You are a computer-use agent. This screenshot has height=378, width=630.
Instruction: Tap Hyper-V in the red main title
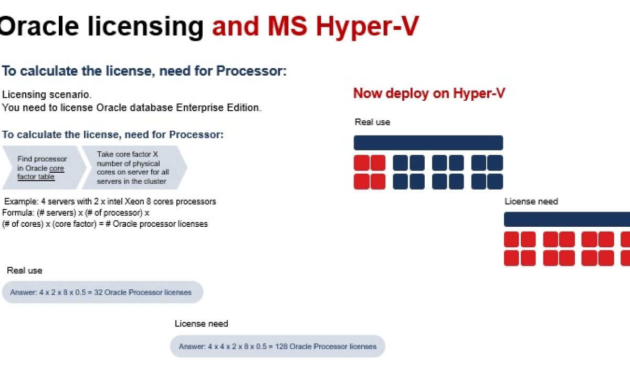pyautogui.click(x=367, y=27)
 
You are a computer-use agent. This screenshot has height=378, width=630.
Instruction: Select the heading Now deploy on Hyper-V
pyautogui.click(x=429, y=93)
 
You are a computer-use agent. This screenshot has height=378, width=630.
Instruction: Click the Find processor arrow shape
pyautogui.click(x=44, y=167)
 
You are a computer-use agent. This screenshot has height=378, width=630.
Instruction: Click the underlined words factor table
pyautogui.click(x=36, y=176)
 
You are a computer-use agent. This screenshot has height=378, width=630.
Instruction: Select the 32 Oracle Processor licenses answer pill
pyautogui.click(x=102, y=292)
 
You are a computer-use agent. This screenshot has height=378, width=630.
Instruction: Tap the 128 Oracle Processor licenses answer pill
pyautogui.click(x=277, y=346)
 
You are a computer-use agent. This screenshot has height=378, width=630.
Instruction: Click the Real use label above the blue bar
pyautogui.click(x=372, y=122)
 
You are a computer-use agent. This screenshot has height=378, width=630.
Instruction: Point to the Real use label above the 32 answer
pyautogui.click(x=25, y=270)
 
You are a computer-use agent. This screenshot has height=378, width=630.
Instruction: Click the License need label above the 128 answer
pyautogui.click(x=202, y=324)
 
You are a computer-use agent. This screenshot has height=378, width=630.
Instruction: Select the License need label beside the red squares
pyautogui.click(x=531, y=202)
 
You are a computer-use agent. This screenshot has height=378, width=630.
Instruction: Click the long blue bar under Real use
pyautogui.click(x=428, y=143)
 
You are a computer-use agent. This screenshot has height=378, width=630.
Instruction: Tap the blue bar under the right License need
pyautogui.click(x=567, y=219)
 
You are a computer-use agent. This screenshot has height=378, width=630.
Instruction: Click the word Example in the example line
pyautogui.click(x=21, y=202)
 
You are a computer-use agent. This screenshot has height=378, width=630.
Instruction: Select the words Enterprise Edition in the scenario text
pyautogui.click(x=218, y=108)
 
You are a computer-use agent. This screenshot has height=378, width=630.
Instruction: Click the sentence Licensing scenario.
pyautogui.click(x=47, y=94)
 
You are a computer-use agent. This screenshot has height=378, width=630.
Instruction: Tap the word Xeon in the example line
pyautogui.click(x=134, y=202)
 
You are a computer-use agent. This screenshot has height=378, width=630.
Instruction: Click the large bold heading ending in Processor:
pyautogui.click(x=144, y=71)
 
